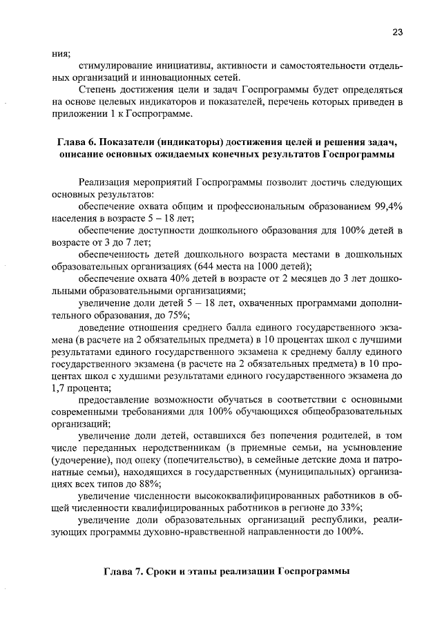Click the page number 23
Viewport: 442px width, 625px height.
click(397, 32)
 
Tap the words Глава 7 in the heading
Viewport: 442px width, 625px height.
click(126, 572)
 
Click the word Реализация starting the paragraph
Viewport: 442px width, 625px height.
click(110, 182)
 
